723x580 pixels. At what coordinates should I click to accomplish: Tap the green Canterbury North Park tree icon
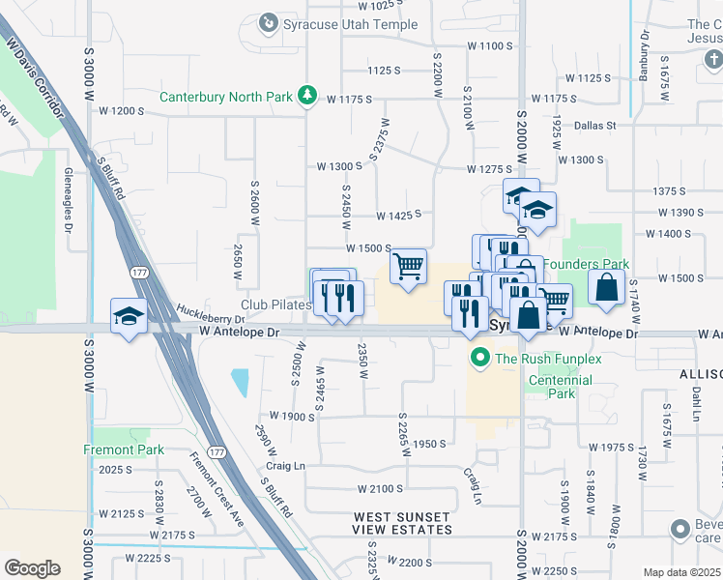pos(307,95)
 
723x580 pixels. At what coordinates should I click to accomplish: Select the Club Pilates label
pos(275,305)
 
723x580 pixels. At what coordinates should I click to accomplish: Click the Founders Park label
pos(586,264)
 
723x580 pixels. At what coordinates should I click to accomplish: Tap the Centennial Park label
pos(560,387)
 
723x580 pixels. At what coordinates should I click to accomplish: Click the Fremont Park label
pos(124,449)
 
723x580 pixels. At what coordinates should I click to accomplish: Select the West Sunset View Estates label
pos(402,524)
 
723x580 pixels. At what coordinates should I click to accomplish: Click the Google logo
pos(32,567)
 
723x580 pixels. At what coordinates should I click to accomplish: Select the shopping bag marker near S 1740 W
pos(605,288)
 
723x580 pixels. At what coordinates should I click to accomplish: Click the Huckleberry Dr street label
pos(211,314)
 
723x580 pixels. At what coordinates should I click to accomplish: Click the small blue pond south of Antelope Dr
pos(239,383)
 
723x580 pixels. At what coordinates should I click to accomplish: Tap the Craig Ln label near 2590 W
pos(285,466)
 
